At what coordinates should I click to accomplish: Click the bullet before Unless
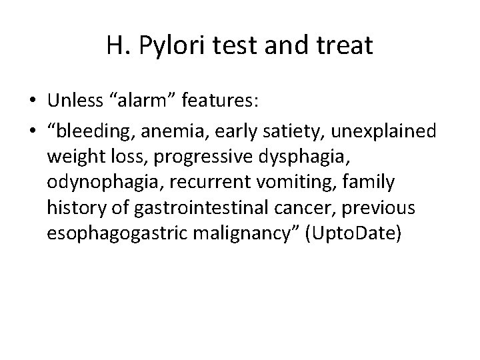[x=33, y=101]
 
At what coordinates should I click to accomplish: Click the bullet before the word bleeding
[x=33, y=131]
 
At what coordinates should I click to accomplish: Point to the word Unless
[x=74, y=101]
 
